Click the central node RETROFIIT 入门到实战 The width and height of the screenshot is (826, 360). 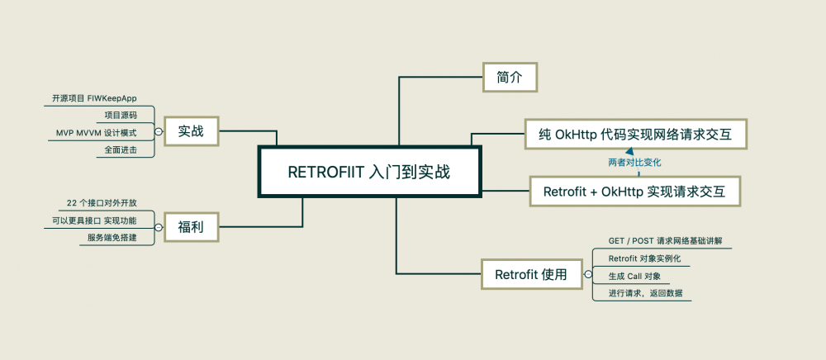point(369,173)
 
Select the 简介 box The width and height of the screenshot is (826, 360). point(509,77)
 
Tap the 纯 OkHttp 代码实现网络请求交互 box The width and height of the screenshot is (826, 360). point(636,134)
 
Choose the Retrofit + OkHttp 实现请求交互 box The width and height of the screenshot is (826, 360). point(634,192)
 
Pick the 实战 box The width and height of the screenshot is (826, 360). point(191,130)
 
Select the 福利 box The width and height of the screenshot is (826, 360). point(191,226)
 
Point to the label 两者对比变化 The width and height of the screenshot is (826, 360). point(634,163)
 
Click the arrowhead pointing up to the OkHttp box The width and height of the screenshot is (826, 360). point(628,151)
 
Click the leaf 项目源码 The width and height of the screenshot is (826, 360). point(121,116)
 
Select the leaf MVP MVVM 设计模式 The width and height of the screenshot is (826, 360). point(96,133)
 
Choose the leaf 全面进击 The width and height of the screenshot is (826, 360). point(121,150)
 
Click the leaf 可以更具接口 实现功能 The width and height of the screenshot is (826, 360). point(94,220)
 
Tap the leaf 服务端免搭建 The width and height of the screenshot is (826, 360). point(112,238)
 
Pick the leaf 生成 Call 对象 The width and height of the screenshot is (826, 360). point(634,276)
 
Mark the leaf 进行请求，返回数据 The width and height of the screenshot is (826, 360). point(645,293)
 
